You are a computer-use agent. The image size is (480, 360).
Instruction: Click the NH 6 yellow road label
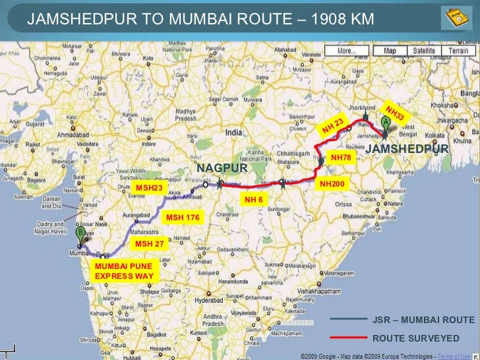pyautogui.click(x=255, y=199)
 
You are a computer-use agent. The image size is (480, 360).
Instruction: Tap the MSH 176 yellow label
pyautogui.click(x=182, y=217)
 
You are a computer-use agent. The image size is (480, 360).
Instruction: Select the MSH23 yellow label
pyautogui.click(x=149, y=188)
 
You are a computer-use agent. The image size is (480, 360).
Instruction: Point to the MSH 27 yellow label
pyautogui.click(x=149, y=244)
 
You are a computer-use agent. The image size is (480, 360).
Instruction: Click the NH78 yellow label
pyautogui.click(x=342, y=158)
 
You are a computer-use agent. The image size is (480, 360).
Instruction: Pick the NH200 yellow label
pyautogui.click(x=332, y=184)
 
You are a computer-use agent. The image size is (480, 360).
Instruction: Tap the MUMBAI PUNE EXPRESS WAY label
pyautogui.click(x=123, y=271)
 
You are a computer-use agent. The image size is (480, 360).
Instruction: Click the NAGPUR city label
pyautogui.click(x=222, y=168)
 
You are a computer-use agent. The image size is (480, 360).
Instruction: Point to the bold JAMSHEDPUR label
pyautogui.click(x=407, y=149)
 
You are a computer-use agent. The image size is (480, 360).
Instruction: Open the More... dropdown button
pyautogui.click(x=347, y=51)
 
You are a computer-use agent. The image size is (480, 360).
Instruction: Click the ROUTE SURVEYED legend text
pyautogui.click(x=415, y=338)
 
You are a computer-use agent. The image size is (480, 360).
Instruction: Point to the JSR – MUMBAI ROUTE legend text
pyautogui.click(x=423, y=320)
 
